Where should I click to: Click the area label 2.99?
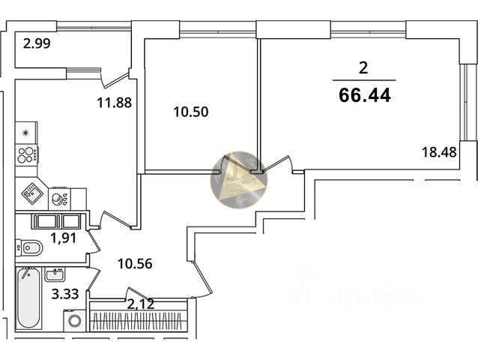37,44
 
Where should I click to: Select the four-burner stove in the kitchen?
26,154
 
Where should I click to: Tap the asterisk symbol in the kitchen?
25,133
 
